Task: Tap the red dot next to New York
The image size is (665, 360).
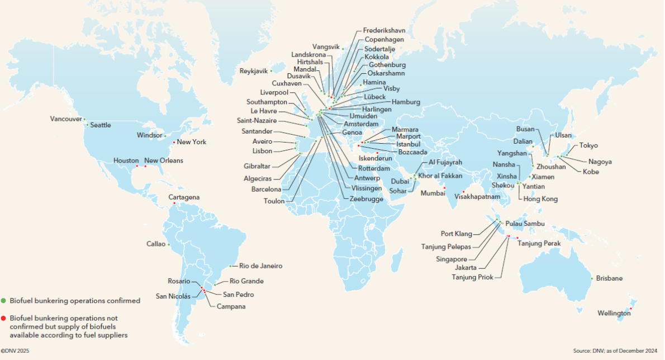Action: click(174, 141)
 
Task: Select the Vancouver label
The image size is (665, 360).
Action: click(66, 119)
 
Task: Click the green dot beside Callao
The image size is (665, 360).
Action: click(168, 244)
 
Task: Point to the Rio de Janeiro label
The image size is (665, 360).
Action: click(260, 266)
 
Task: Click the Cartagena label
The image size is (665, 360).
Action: click(184, 197)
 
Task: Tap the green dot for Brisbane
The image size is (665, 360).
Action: click(592, 278)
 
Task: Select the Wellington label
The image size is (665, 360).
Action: click(614, 314)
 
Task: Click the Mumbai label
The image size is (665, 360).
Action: click(434, 193)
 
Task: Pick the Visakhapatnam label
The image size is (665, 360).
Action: click(477, 197)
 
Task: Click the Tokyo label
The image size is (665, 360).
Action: click(588, 145)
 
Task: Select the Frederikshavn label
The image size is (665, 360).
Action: click(384, 30)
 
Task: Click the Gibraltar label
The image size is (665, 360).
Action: click(257, 166)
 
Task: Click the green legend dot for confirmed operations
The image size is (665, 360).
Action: click(4, 301)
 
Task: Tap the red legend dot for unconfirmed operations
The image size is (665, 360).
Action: click(4, 318)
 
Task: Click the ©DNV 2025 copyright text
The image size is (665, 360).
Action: click(15, 351)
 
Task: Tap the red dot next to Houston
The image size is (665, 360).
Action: click(137, 166)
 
